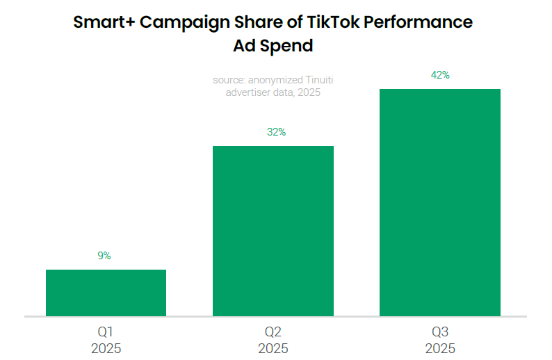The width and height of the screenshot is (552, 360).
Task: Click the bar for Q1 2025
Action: coord(106,293)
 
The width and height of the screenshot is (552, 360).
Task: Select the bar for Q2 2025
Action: coord(273,231)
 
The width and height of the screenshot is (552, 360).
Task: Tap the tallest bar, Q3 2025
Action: coord(439,202)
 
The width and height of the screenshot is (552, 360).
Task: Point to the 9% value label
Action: coord(104,256)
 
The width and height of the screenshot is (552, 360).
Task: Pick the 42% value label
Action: coord(440,75)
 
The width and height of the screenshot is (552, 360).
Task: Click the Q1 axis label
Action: coord(106,332)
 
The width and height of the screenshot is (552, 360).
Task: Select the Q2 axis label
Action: coord(273,332)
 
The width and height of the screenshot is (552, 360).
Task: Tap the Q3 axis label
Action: coord(439,332)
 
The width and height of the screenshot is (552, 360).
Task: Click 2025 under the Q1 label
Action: coord(106,348)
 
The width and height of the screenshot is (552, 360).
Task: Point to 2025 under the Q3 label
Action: coord(439,348)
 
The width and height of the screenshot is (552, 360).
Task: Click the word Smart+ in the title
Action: coord(104,22)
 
